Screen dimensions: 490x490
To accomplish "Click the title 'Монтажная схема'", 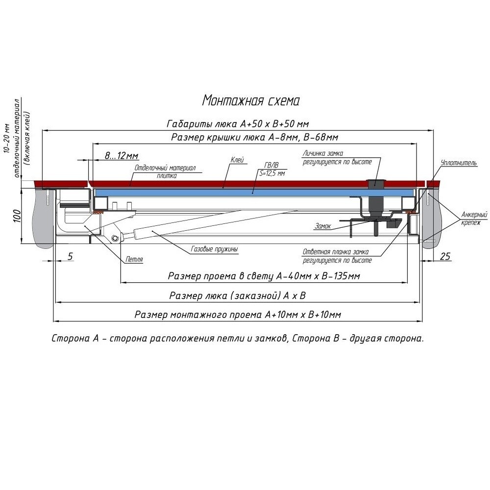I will pyautogui.click(x=250, y=100).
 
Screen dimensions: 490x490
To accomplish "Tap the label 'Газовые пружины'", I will pyautogui.click(x=214, y=249).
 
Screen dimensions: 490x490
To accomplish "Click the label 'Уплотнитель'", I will pyautogui.click(x=458, y=163).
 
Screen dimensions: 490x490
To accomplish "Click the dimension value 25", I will pyautogui.click(x=445, y=256).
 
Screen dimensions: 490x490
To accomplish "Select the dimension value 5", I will pyautogui.click(x=70, y=256).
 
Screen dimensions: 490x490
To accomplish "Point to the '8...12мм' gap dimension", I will pyautogui.click(x=121, y=156).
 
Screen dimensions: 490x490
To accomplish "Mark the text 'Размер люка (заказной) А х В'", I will pyautogui.click(x=237, y=296).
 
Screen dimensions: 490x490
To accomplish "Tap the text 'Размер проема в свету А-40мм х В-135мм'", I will pyautogui.click(x=264, y=277).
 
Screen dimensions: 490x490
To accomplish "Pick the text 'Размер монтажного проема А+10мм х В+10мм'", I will pyautogui.click(x=238, y=315).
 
